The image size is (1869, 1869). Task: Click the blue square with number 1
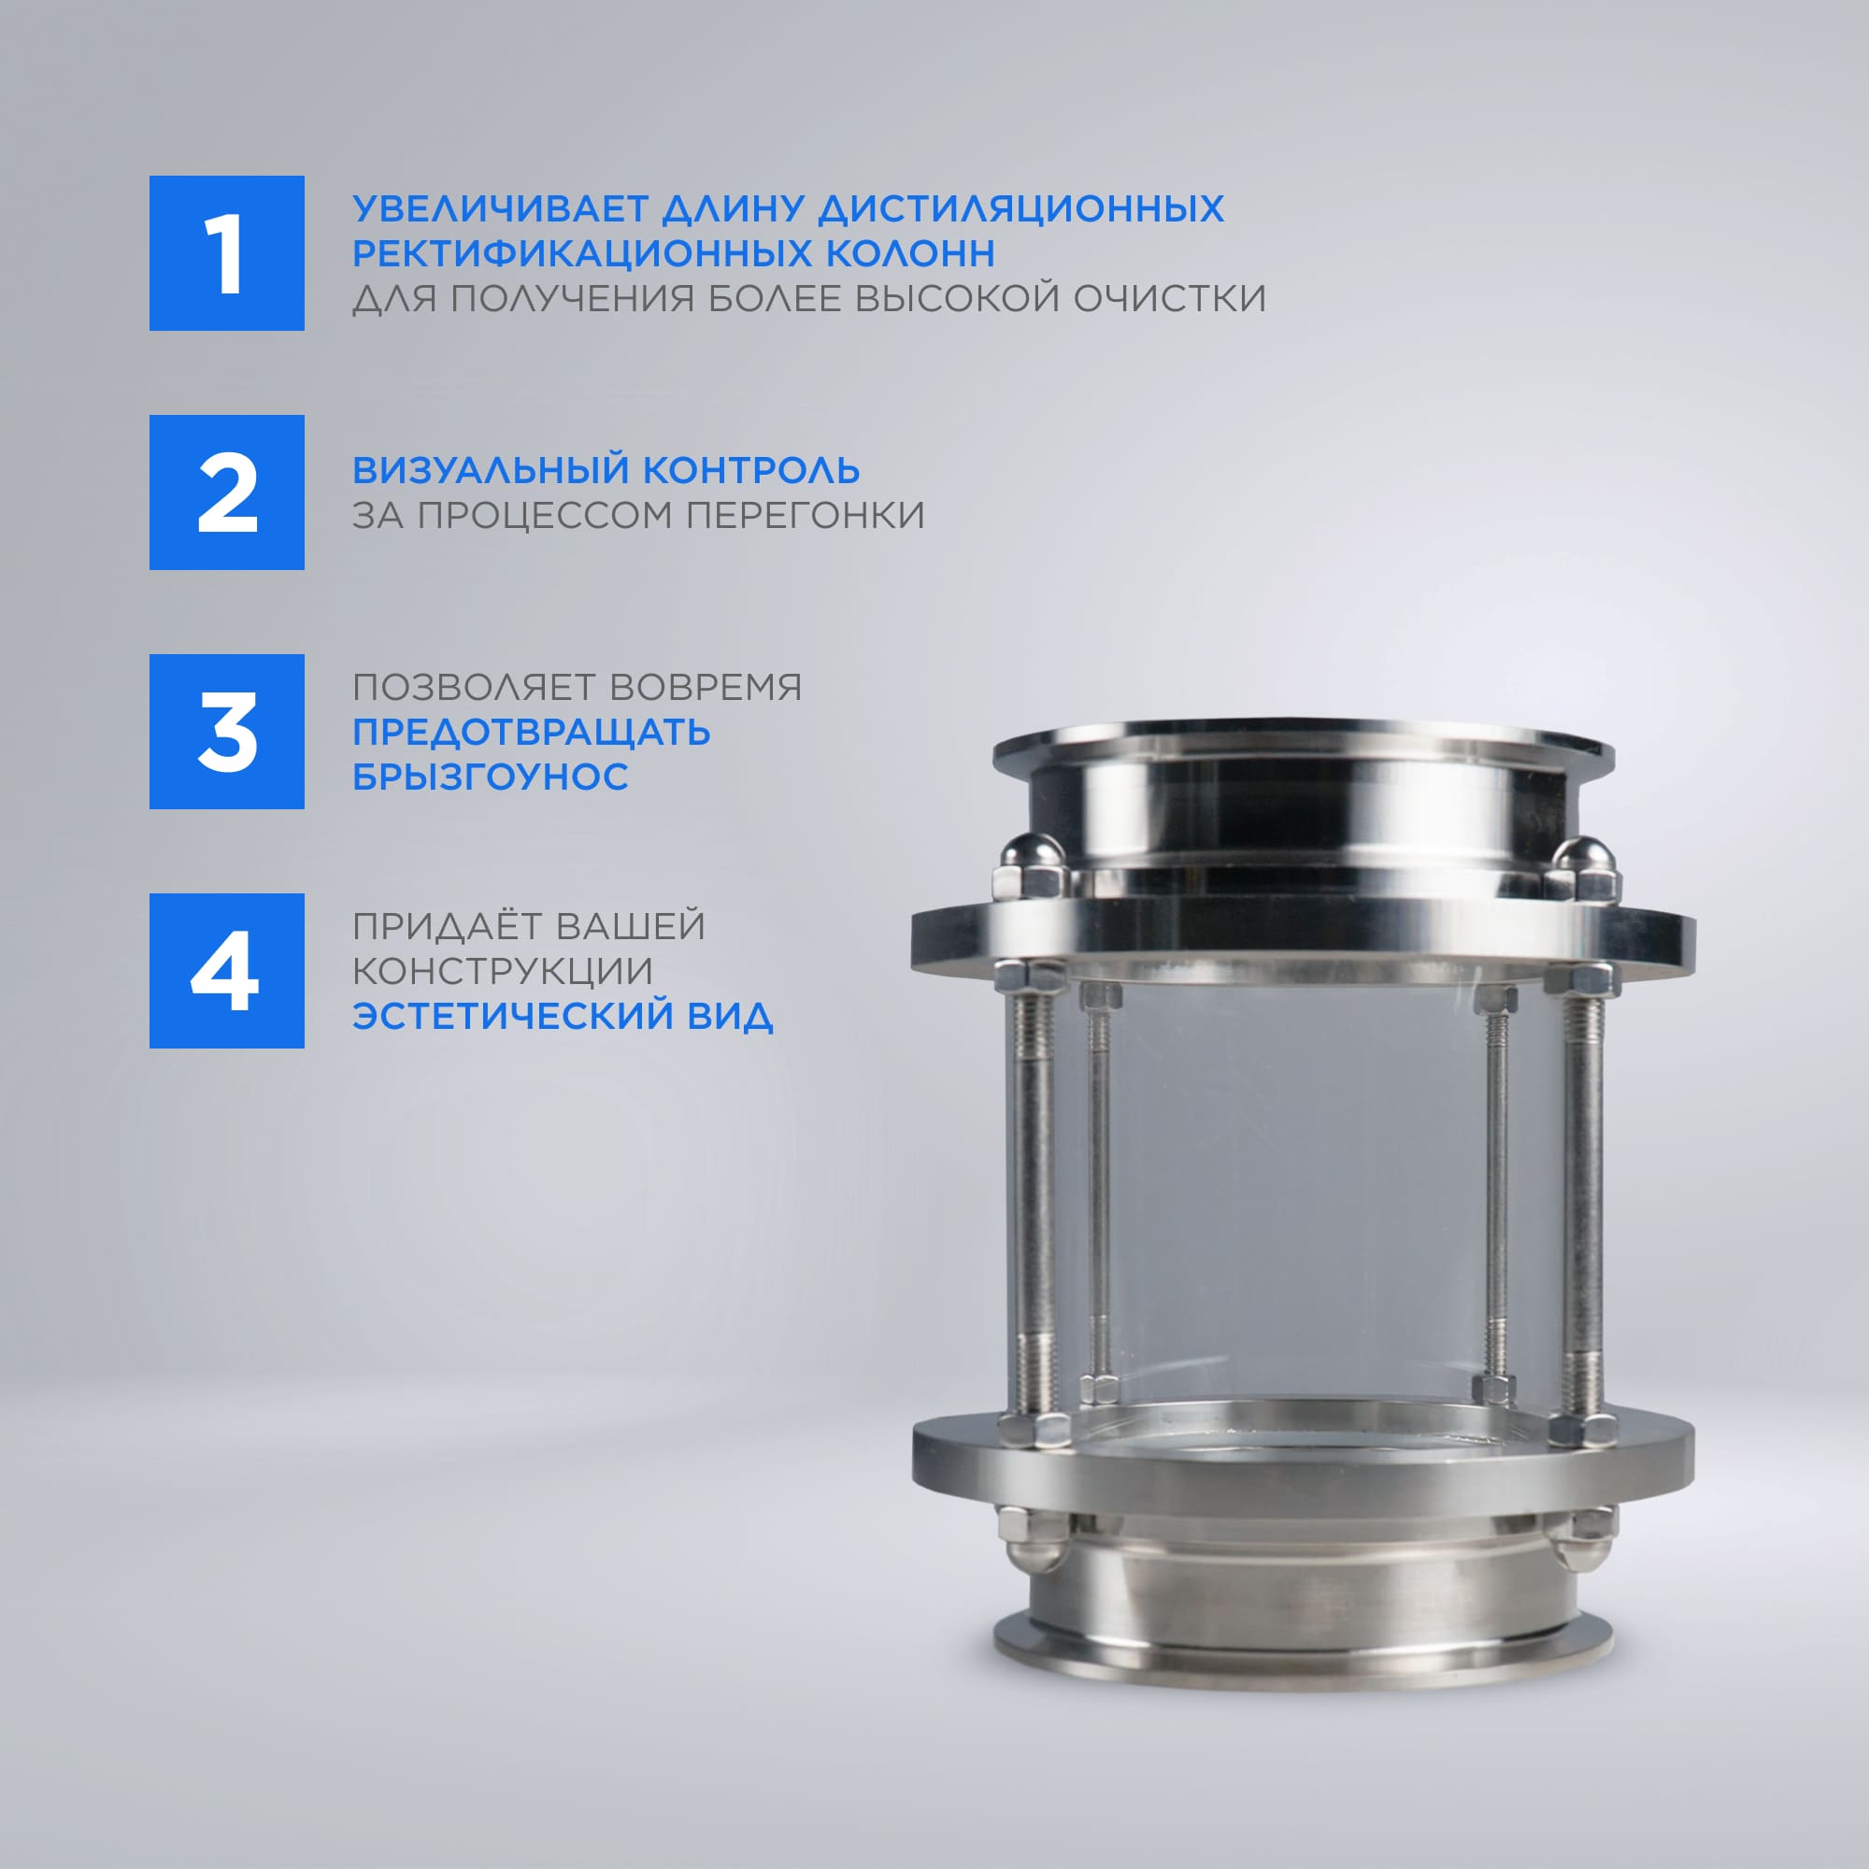226,253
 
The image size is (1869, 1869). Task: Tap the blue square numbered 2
226,492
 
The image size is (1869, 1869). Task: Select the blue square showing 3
226,732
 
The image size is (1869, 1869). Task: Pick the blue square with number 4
226,970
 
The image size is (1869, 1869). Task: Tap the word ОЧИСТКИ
1170,298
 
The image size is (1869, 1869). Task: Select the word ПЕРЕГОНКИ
806,515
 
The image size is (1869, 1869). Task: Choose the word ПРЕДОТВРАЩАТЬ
531,733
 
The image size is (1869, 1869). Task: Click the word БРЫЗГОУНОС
491,776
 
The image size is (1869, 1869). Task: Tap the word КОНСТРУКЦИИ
503,971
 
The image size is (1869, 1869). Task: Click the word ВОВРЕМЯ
706,687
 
